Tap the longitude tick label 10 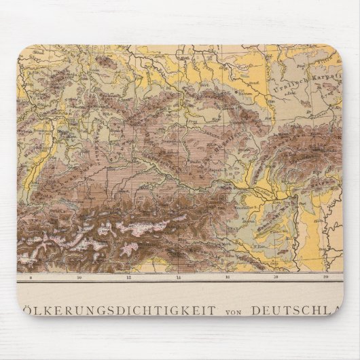click(x=80, y=277)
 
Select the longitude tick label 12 click(x=129, y=277)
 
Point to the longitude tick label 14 click(x=179, y=277)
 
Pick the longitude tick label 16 click(x=228, y=277)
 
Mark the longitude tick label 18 click(x=277, y=277)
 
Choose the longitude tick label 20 click(x=326, y=277)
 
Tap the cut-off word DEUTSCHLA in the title click(x=297, y=310)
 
